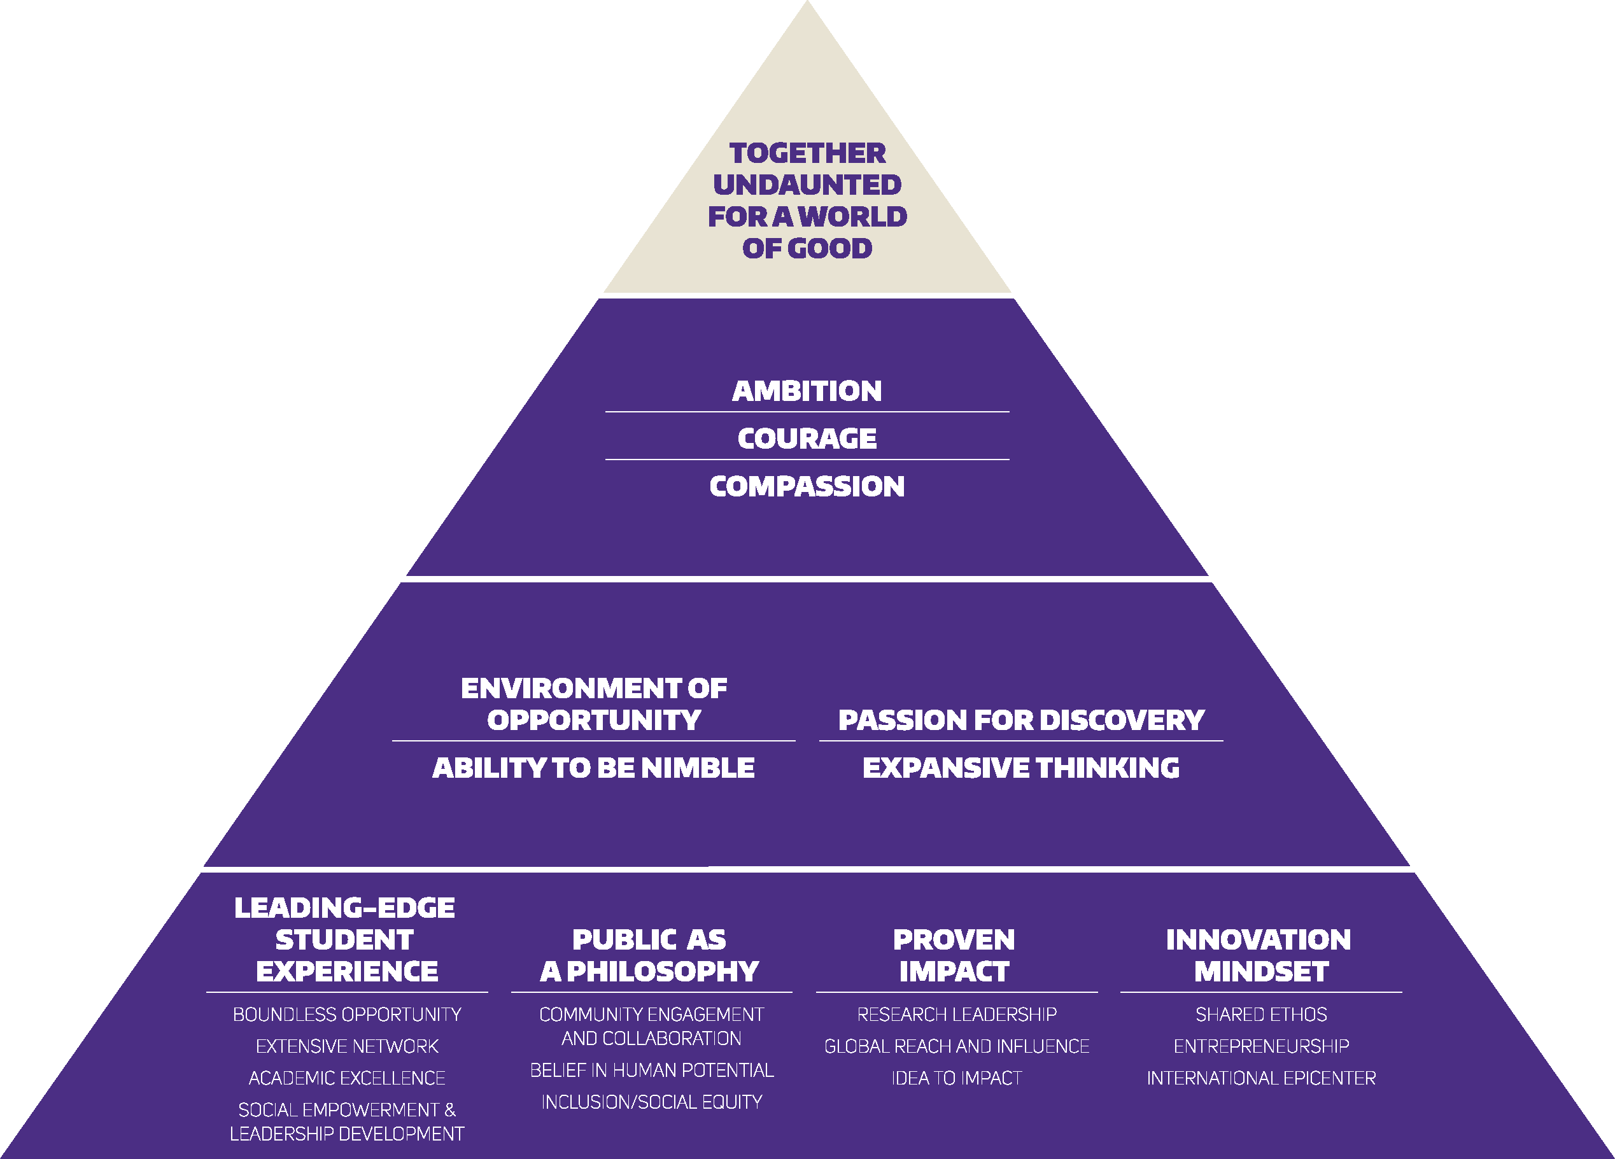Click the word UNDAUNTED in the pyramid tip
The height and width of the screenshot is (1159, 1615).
pos(807,185)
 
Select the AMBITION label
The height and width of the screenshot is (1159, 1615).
pos(807,391)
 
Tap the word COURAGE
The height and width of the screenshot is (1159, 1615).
pos(807,439)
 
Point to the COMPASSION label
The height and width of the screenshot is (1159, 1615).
pos(807,486)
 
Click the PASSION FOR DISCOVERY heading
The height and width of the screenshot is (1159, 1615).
pos(1021,720)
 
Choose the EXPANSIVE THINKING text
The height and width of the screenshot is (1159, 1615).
pos(1021,768)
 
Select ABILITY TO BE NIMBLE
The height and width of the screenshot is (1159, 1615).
pos(593,768)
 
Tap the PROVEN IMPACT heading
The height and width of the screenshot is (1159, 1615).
pos(954,955)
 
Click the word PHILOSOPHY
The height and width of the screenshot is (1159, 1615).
pos(662,972)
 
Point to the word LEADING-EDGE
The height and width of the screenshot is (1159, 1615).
pos(344,908)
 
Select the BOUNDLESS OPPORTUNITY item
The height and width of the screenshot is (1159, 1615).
pos(347,1014)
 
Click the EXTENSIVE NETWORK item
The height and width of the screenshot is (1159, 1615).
pos(347,1046)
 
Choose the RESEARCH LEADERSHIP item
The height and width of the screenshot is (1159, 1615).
pos(956,1014)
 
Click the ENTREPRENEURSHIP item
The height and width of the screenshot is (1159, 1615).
pos(1261,1046)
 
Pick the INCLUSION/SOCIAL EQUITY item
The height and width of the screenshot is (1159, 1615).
pos(652,1102)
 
